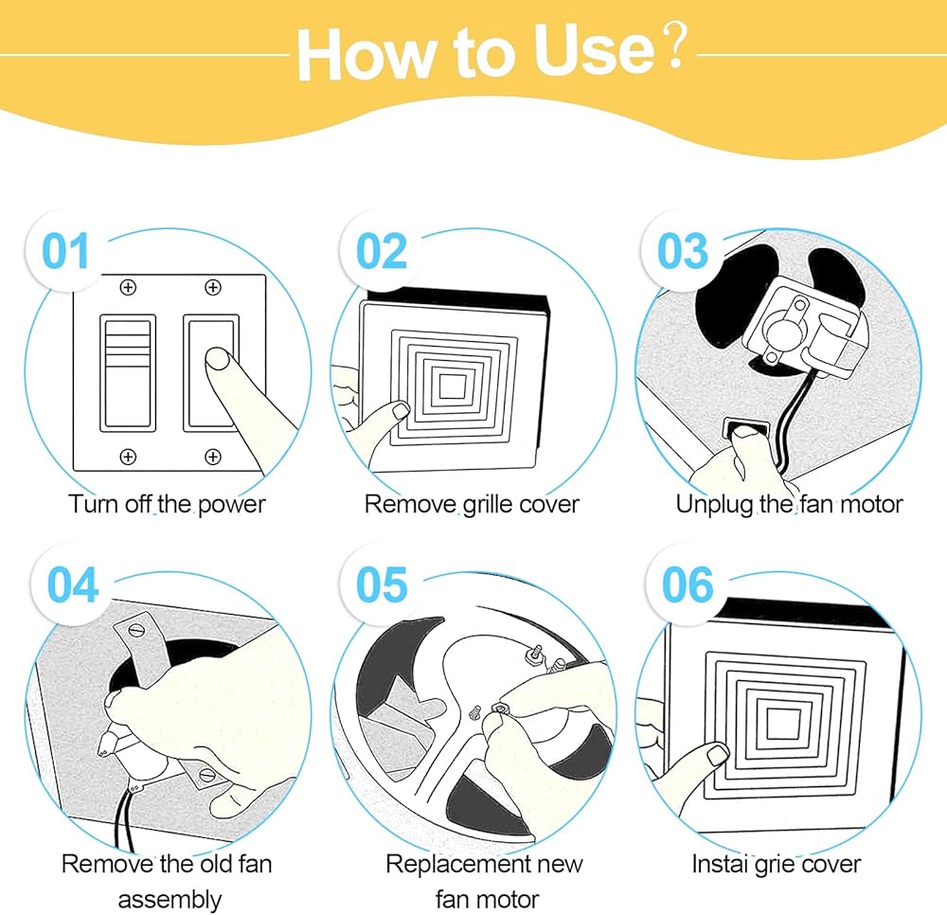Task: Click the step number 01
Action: pyautogui.click(x=65, y=251)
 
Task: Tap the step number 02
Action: pyautogui.click(x=381, y=251)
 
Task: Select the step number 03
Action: pyautogui.click(x=683, y=251)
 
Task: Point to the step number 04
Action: pyautogui.click(x=73, y=584)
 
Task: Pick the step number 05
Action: pyautogui.click(x=382, y=584)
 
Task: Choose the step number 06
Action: pyautogui.click(x=688, y=584)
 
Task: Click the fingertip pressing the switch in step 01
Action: pyautogui.click(x=218, y=359)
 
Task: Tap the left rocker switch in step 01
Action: pyautogui.click(x=128, y=372)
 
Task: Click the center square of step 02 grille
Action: pyautogui.click(x=452, y=386)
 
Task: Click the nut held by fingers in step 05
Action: pyautogui.click(x=500, y=707)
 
